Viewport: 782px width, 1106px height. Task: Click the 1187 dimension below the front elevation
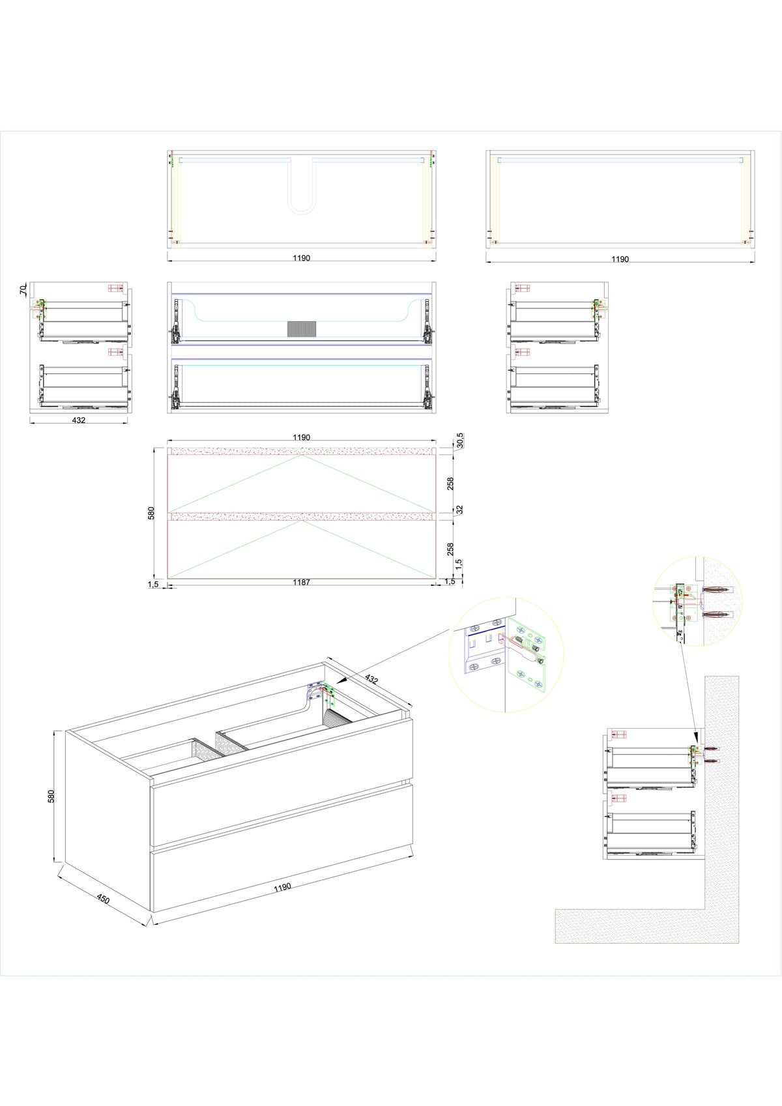point(301,582)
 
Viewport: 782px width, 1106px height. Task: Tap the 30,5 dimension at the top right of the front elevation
point(459,441)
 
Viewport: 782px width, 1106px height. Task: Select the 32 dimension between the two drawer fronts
point(459,509)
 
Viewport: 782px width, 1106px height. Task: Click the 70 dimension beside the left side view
point(23,289)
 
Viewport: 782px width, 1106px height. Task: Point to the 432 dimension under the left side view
point(78,420)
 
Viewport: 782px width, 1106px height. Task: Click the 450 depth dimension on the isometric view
point(103,899)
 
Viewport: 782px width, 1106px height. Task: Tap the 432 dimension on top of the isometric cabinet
point(371,679)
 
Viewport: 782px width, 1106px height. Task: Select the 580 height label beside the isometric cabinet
point(51,796)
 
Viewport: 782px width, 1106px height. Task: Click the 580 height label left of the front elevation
point(151,513)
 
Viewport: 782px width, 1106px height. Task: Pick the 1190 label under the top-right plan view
point(620,259)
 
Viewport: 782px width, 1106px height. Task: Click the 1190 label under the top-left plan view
point(301,257)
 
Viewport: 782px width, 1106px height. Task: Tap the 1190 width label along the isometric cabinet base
point(282,887)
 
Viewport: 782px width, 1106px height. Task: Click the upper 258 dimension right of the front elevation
point(450,484)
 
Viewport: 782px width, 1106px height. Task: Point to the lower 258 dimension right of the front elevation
point(450,549)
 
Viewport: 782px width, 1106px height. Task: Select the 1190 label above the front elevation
point(301,437)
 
